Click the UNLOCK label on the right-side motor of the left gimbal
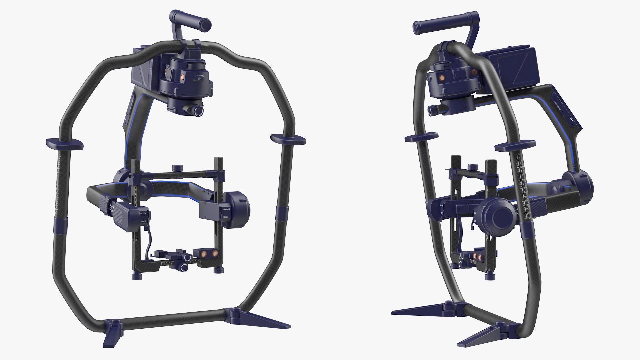(226, 209)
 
